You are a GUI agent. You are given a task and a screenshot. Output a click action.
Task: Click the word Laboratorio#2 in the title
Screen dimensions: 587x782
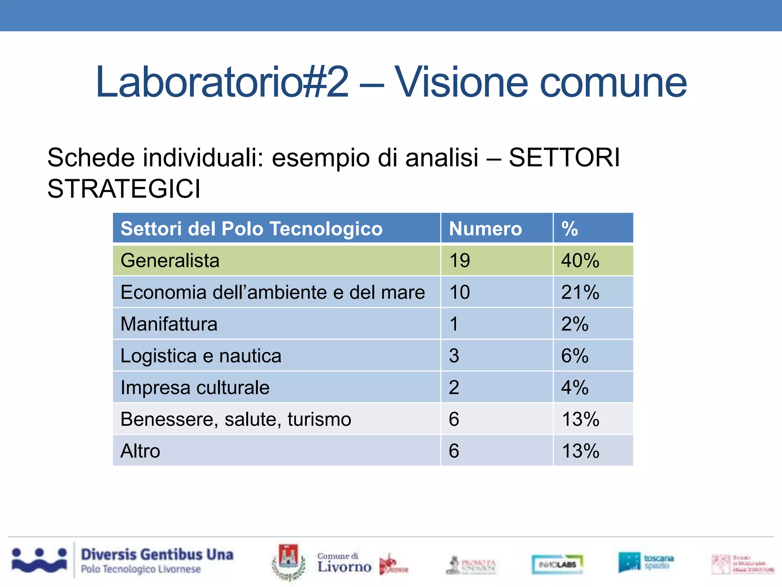[222, 82]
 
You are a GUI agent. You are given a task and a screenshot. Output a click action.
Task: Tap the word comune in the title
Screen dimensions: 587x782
[613, 83]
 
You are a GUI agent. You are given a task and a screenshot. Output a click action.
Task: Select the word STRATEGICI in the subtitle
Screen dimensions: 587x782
[124, 189]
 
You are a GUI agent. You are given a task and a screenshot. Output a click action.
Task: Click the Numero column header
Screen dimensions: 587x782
[485, 229]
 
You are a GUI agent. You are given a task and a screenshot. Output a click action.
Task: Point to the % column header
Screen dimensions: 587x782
[569, 229]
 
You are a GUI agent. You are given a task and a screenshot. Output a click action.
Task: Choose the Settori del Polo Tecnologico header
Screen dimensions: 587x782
[251, 229]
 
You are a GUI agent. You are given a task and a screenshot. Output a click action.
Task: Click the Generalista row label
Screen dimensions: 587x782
[170, 261]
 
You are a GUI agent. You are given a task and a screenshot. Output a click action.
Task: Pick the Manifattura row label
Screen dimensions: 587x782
[169, 324]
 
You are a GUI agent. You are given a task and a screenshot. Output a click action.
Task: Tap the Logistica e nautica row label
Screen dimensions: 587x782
[201, 356]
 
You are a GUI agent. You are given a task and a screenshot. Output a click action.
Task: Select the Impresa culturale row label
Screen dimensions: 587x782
[195, 388]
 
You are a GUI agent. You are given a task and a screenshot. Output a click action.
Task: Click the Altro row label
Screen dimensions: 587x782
[140, 451]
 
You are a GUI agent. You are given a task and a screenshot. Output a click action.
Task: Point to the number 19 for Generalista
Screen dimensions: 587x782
[459, 261]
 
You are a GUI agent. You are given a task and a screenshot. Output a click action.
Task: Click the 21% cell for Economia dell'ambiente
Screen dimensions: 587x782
[580, 292]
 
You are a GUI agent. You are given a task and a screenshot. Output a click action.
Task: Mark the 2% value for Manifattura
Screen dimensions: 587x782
[575, 324]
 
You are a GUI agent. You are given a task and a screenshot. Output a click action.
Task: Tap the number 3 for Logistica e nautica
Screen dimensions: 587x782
[454, 356]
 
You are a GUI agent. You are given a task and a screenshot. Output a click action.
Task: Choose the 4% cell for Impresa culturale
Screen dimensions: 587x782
[575, 388]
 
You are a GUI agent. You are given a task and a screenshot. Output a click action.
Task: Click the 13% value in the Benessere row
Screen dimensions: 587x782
[580, 419]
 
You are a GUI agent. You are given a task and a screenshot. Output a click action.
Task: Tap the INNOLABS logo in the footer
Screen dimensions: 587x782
[557, 564]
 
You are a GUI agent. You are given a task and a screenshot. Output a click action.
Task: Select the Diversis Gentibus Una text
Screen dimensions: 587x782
[157, 555]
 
